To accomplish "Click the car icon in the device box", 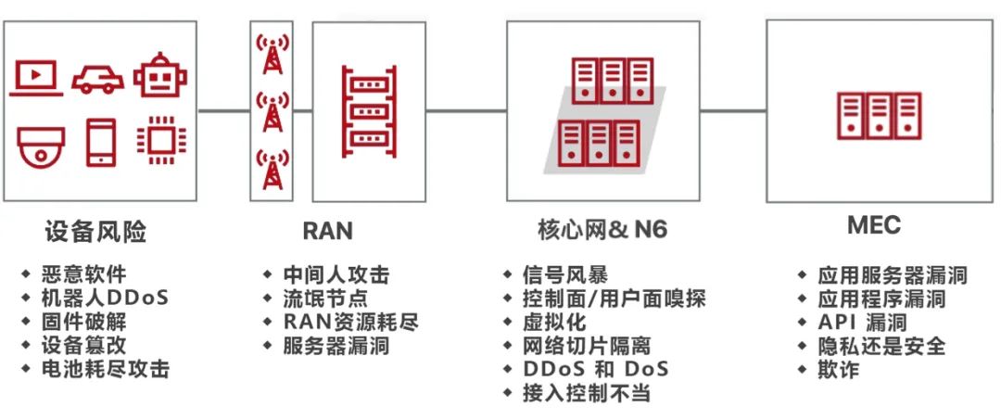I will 98,78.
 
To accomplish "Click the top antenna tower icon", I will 271,55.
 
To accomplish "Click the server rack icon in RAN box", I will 369,109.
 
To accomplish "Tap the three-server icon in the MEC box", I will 880,116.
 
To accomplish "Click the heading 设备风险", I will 95,231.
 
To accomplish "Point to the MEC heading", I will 873,225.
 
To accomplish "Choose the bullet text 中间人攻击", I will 336,275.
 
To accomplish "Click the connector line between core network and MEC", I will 732,111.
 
